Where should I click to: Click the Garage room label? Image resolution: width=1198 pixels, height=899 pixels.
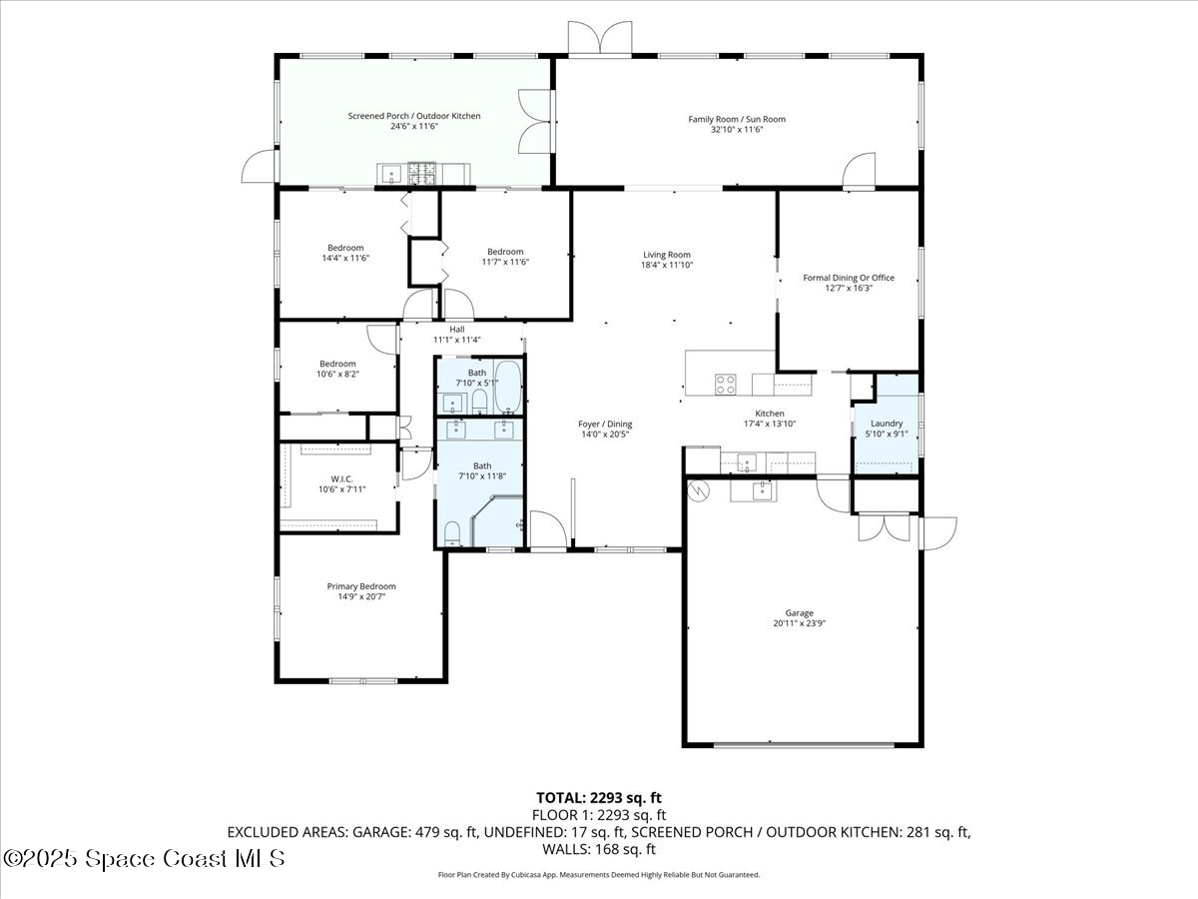click(x=799, y=613)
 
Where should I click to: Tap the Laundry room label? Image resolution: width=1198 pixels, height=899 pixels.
click(x=887, y=424)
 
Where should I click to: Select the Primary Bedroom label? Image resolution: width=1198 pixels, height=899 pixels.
click(x=361, y=586)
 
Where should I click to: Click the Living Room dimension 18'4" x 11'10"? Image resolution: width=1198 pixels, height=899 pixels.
click(x=667, y=266)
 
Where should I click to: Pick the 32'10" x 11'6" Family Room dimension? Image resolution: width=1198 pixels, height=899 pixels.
click(x=737, y=129)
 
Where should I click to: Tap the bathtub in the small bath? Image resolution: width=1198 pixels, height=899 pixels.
click(x=507, y=387)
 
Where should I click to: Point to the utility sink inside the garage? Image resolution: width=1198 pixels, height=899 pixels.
click(x=762, y=489)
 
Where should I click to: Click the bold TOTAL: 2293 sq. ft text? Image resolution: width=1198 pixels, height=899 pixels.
click(x=599, y=797)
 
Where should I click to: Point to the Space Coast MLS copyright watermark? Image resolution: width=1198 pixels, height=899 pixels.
click(x=144, y=858)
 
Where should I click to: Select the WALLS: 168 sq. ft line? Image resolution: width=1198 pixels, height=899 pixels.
click(x=599, y=849)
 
